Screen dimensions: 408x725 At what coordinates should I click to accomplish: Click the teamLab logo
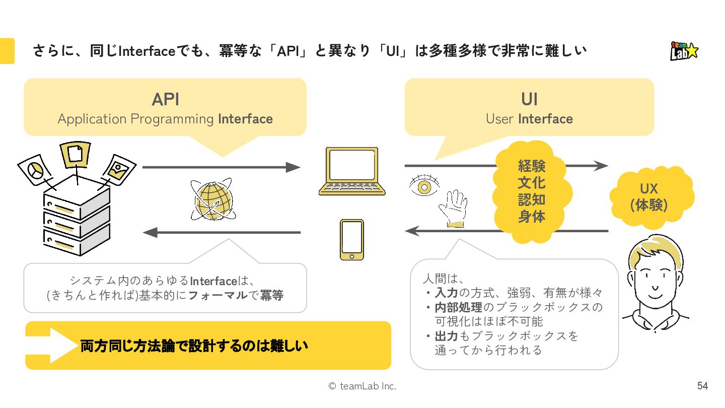click(x=684, y=51)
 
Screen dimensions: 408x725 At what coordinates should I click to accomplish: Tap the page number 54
click(x=702, y=386)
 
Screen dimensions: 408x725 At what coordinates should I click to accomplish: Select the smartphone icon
click(x=351, y=239)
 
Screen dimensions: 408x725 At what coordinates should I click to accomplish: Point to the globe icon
click(x=212, y=200)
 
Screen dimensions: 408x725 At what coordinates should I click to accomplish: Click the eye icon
click(x=424, y=187)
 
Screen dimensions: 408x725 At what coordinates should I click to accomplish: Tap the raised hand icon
click(x=453, y=208)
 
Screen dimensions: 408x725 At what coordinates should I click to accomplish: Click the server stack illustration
click(x=77, y=217)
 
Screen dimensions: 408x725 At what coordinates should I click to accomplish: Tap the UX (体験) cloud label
click(x=649, y=197)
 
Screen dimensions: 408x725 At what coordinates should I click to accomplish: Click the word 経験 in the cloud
click(x=532, y=165)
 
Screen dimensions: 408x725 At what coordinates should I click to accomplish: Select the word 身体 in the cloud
click(x=532, y=217)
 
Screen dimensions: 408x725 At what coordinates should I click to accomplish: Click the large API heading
click(x=165, y=99)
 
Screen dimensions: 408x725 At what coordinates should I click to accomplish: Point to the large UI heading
click(x=529, y=99)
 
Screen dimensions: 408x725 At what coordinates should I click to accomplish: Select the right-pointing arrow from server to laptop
click(x=222, y=167)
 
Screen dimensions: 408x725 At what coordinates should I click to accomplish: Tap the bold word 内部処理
click(x=458, y=307)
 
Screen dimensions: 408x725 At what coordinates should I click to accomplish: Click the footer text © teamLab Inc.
click(x=362, y=386)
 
